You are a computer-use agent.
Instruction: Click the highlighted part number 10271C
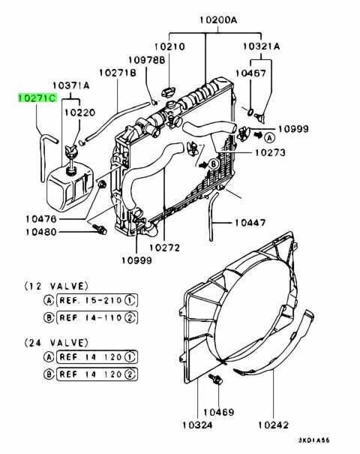click(37, 98)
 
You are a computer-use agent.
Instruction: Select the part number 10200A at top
click(218, 20)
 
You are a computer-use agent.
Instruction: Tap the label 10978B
click(146, 60)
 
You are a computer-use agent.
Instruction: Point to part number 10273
click(270, 152)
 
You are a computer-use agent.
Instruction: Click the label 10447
click(250, 222)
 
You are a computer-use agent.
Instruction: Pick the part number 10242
click(273, 425)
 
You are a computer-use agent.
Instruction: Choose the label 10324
click(197, 425)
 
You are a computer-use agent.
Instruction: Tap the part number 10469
click(219, 412)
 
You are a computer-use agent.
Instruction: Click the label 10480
click(41, 232)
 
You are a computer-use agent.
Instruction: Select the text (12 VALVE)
click(56, 287)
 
